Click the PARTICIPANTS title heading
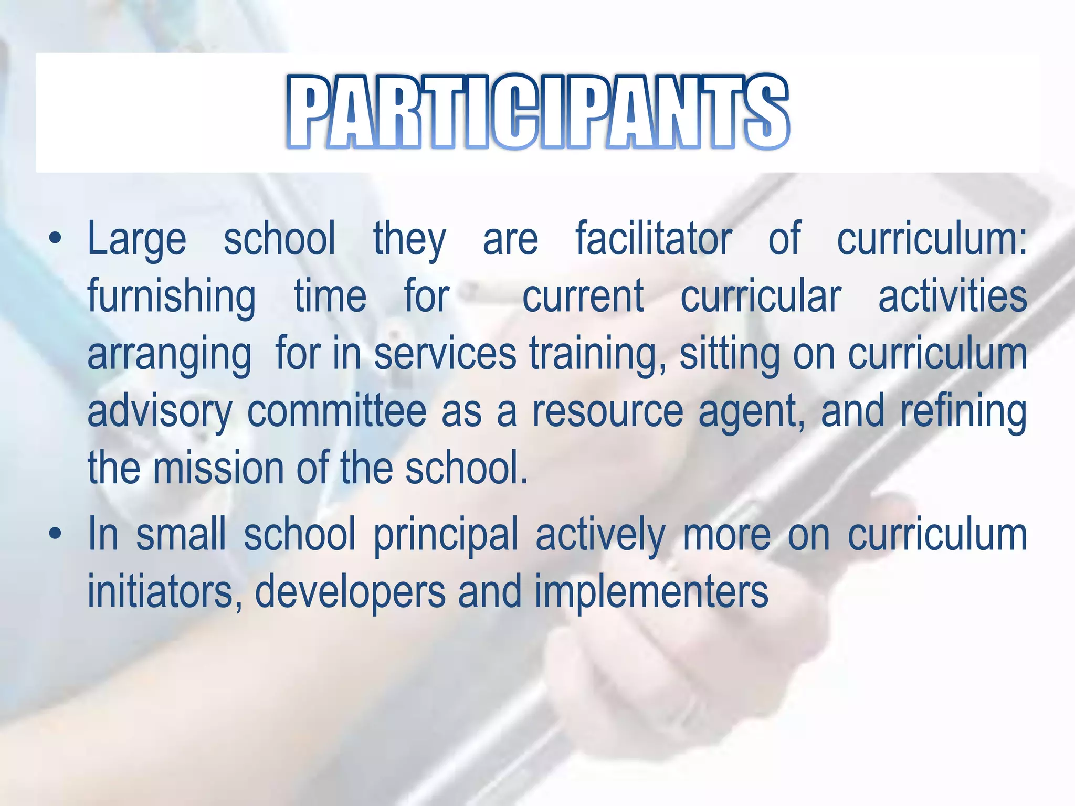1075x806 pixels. coord(537,111)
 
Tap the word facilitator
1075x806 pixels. coord(654,239)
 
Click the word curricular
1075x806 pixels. coord(761,296)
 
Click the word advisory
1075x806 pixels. coord(160,412)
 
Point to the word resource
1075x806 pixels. coord(608,412)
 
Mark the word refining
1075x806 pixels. coord(964,412)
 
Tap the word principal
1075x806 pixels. coord(446,536)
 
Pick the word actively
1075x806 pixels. coord(600,536)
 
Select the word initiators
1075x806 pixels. coord(160,592)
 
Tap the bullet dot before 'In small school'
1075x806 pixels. coord(55,535)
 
